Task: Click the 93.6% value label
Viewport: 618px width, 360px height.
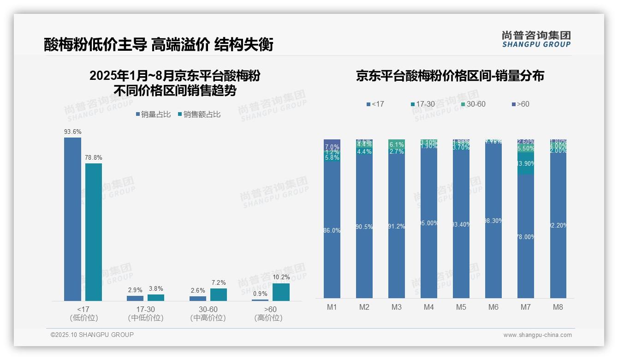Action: pos(72,132)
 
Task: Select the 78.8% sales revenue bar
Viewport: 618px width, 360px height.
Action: pos(93,232)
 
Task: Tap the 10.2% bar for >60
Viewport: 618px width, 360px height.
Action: pos(281,292)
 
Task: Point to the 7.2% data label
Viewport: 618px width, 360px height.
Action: pos(218,283)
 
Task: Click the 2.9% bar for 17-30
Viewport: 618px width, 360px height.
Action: pos(135,298)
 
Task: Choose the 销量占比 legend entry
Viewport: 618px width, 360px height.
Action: pos(153,114)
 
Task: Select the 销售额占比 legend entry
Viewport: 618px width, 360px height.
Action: pos(199,114)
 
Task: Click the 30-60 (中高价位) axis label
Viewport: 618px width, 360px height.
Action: pos(208,313)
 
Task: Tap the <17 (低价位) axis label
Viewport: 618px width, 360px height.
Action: pos(83,313)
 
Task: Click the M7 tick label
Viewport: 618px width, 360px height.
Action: pos(526,307)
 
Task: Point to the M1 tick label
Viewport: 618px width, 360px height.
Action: pos(332,307)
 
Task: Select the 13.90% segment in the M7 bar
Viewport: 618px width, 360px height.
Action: pos(526,163)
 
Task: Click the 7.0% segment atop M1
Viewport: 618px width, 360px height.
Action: pos(332,144)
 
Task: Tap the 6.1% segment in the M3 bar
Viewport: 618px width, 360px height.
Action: pos(397,144)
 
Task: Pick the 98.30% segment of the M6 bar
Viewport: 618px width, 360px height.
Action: pos(493,221)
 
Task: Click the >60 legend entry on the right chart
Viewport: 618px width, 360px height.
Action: pos(520,104)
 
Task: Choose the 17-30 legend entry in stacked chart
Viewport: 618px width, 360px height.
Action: pos(422,104)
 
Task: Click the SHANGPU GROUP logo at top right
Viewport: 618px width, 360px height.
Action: pos(536,39)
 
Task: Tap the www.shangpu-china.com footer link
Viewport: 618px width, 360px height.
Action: pos(537,335)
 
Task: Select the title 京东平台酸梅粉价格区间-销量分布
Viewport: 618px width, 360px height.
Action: pos(450,76)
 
